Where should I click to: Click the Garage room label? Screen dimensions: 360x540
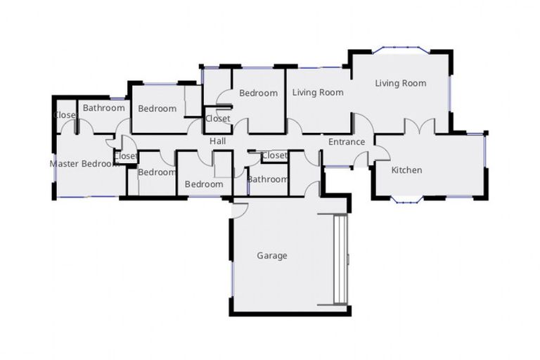pos(272,256)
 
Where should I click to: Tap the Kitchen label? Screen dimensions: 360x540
pos(406,170)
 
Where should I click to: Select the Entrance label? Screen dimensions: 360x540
pos(347,142)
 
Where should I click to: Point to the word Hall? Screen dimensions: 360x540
pos(217,142)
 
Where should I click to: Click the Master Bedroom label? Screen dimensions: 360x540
pos(83,164)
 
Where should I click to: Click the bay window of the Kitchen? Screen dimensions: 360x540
pos(406,201)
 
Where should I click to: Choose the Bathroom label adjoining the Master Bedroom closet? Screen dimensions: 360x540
pos(104,108)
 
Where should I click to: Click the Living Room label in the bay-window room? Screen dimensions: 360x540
pos(400,83)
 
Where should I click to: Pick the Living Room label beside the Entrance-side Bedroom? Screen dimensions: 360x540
pos(318,92)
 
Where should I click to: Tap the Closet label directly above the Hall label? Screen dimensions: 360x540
pos(217,119)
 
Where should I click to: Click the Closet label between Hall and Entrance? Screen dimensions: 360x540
pos(274,155)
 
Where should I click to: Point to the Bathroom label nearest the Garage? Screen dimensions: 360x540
pos(268,179)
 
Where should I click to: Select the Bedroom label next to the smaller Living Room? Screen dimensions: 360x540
pos(258,93)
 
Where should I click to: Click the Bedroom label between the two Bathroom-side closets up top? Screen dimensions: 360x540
pos(157,108)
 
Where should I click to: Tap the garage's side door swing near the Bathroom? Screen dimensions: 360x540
pos(239,209)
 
